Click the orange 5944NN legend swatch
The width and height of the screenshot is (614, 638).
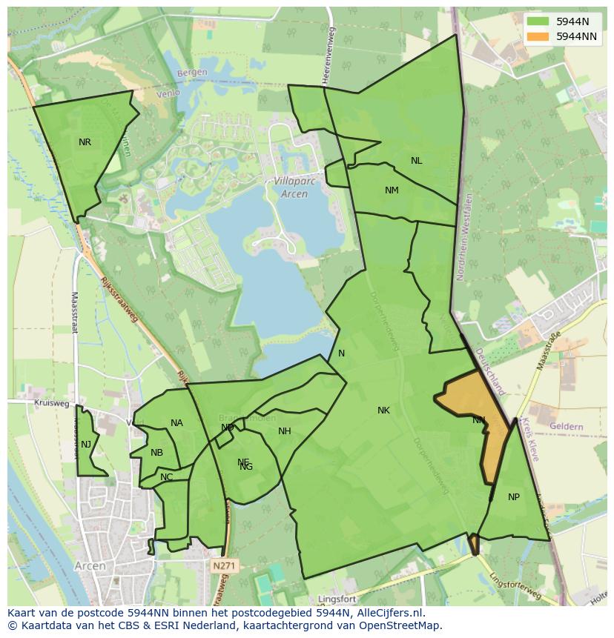tap(538, 36)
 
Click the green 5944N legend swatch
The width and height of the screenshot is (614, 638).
tap(538, 21)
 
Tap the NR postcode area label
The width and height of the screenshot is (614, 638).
tap(85, 142)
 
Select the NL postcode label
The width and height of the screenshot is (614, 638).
tap(416, 161)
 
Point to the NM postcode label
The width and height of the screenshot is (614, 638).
tap(392, 190)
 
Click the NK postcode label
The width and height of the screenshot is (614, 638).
tap(383, 411)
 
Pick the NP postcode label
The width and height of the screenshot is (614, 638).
tap(514, 497)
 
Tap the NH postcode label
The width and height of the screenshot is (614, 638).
tap(285, 431)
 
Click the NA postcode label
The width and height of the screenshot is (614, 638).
tap(176, 423)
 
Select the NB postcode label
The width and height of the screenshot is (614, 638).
tap(156, 453)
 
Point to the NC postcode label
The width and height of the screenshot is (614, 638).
tap(166, 477)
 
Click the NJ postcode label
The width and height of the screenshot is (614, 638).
tap(86, 445)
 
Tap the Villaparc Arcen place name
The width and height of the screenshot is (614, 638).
tap(290, 187)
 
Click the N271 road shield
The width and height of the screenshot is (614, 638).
tap(222, 566)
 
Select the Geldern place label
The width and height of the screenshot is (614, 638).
tap(567, 427)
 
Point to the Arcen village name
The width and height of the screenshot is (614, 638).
tap(90, 565)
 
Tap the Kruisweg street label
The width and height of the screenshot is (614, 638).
tap(51, 404)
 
